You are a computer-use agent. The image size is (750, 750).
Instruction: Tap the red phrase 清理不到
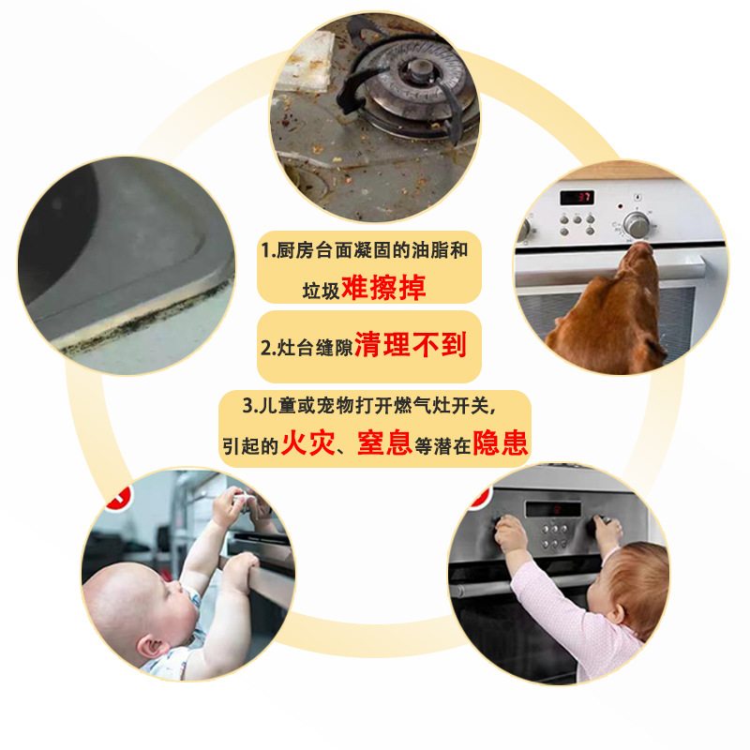pyautogui.click(x=410, y=345)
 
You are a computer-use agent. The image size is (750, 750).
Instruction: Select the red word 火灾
pyautogui.click(x=308, y=442)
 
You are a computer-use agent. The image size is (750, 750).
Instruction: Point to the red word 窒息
pyautogui.click(x=384, y=442)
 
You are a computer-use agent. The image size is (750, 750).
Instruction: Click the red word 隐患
pyautogui.click(x=501, y=442)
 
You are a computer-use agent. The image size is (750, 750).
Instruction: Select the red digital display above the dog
pyautogui.click(x=575, y=197)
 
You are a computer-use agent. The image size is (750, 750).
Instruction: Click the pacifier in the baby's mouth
pyautogui.click(x=196, y=601)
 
